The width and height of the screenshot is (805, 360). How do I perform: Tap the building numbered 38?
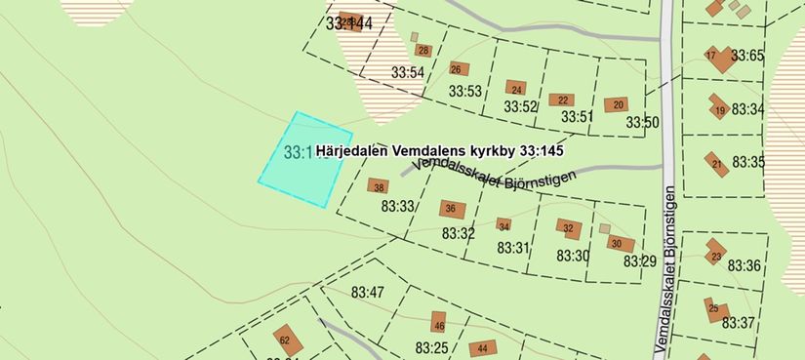[x=379, y=186]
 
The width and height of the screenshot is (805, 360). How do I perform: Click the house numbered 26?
[x=457, y=69]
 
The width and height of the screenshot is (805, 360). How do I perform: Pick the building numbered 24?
[x=516, y=89]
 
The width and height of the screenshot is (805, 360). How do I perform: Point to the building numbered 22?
[x=560, y=100]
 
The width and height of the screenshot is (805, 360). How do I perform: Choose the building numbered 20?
[x=616, y=104]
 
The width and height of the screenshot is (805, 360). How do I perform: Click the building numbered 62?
[x=285, y=340]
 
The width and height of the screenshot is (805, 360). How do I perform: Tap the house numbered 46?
[x=439, y=325]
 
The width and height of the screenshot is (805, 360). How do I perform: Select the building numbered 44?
[x=482, y=348]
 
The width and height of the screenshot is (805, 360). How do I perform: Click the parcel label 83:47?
[x=369, y=292]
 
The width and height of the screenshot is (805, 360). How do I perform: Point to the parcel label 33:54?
[x=408, y=72]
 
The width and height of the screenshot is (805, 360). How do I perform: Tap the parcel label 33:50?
[x=643, y=123]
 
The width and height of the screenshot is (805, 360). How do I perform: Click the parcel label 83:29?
[x=640, y=261]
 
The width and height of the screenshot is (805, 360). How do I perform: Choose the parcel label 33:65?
[x=747, y=56]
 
